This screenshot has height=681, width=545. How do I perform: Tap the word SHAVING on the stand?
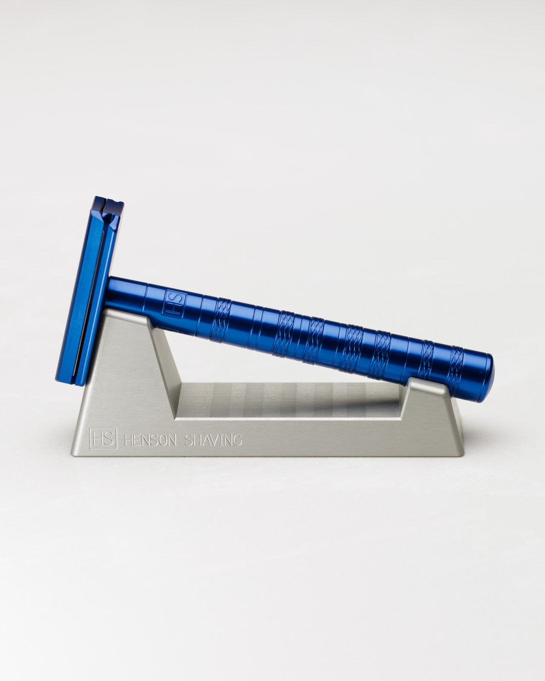click(212, 440)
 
